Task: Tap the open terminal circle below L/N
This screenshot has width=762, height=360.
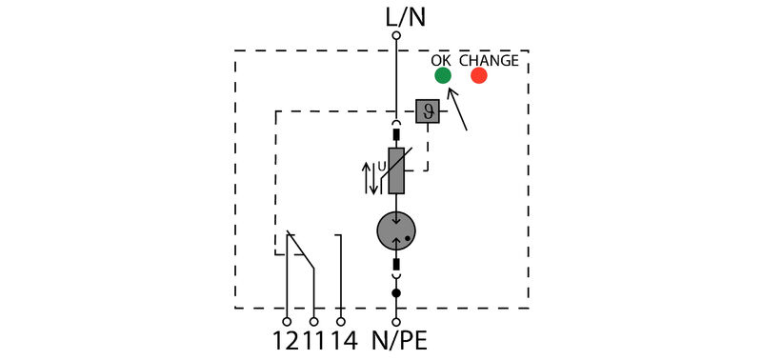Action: click(x=396, y=36)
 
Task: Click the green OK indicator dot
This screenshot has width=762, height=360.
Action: click(x=442, y=75)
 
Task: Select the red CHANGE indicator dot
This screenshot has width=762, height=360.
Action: click(x=478, y=75)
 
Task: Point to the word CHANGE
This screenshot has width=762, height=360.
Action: click(x=490, y=60)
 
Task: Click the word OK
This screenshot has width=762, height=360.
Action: click(x=441, y=60)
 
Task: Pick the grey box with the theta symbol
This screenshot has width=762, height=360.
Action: click(x=428, y=111)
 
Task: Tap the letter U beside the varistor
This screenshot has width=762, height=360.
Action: click(x=382, y=168)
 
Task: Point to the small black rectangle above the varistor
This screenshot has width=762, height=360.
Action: click(x=396, y=135)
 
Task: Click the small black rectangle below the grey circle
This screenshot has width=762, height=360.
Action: click(x=396, y=263)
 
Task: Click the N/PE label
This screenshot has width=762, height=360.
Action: click(x=406, y=340)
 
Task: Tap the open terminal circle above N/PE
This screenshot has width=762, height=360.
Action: click(x=396, y=322)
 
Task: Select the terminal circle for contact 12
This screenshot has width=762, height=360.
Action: click(x=287, y=322)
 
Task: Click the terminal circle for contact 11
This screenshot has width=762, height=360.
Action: click(x=313, y=322)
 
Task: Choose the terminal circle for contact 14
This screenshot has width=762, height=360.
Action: click(x=340, y=322)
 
